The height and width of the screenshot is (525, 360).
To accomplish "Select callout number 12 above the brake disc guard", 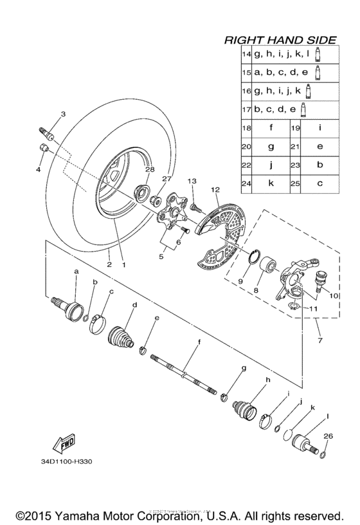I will tap(215, 190).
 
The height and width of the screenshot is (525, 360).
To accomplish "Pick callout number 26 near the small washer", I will tap(328, 436).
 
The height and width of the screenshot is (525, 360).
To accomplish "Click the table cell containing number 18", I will tap(246, 128).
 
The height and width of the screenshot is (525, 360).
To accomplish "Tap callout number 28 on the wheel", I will tap(149, 170).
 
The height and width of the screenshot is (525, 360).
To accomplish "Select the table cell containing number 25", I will tap(296, 183).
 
